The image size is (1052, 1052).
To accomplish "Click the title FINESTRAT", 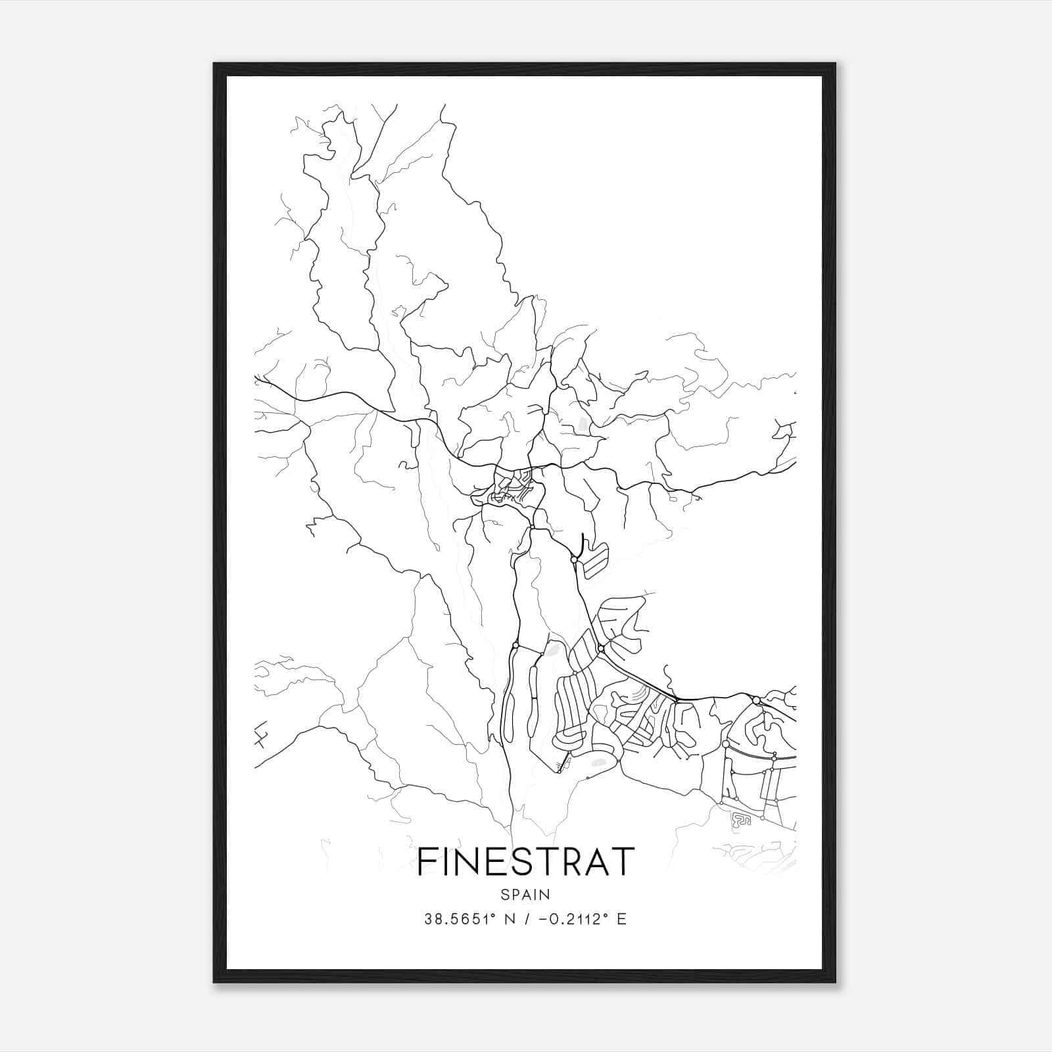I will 526,861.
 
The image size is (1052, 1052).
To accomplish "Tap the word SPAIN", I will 525,895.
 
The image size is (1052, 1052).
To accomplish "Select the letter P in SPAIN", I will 515,895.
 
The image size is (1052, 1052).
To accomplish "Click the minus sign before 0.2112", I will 542,919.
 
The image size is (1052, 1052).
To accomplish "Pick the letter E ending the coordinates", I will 622,919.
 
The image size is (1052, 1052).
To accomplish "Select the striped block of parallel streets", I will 596,563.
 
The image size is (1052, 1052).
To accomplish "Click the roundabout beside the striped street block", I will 574,560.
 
